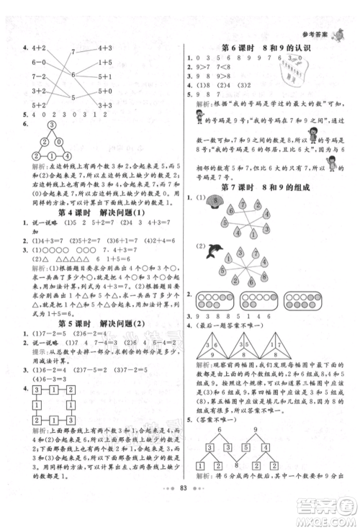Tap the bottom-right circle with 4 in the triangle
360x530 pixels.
click(70, 156)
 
